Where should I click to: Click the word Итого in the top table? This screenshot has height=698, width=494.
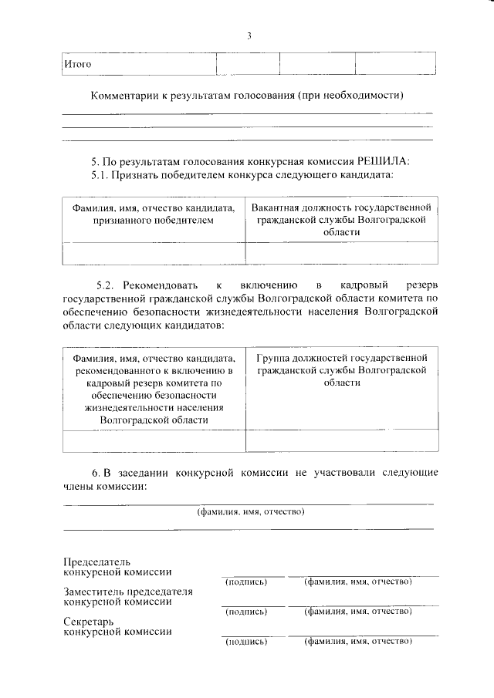pos(77,64)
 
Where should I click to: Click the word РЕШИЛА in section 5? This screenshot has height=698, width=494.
pos(384,161)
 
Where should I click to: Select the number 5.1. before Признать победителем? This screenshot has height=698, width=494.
pos(100,175)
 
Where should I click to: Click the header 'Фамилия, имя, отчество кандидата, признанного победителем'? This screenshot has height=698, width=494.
pos(154,214)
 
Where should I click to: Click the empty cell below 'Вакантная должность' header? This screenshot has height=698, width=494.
pos(340,253)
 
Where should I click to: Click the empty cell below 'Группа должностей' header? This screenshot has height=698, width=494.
pos(340,440)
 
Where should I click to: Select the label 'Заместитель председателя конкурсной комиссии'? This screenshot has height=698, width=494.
pos(127,597)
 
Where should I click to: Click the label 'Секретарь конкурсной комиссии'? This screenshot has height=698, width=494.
pos(117,626)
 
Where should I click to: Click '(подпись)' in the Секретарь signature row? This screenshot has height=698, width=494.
pos(245,641)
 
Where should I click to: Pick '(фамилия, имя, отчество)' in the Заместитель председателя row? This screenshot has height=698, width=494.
pos(357,611)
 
